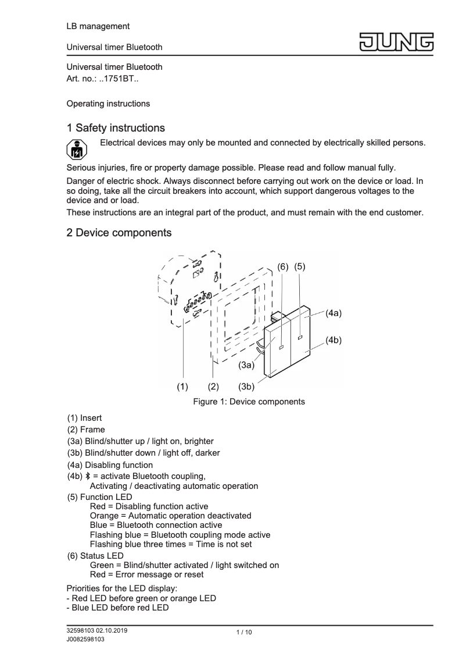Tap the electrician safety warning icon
tap(76, 150)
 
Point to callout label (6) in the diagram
tap(282, 267)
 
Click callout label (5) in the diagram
tap(300, 267)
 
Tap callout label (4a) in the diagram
tap(333, 313)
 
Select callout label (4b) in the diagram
tap(333, 340)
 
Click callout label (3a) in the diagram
tap(246, 366)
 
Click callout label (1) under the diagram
tap(183, 386)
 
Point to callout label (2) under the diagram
tap(213, 386)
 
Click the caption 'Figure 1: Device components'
tap(249, 402)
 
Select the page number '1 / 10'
tap(244, 633)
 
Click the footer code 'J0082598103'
tap(85, 639)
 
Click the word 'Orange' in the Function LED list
tap(103, 516)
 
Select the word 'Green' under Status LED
tap(102, 565)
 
